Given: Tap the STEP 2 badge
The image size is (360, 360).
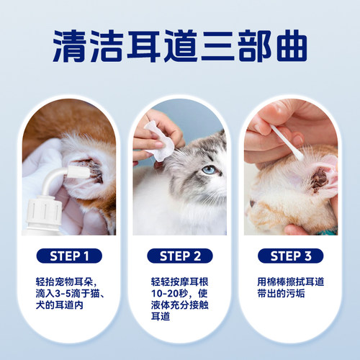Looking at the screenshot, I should tap(180, 256).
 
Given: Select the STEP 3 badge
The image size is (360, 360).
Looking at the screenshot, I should tap(290, 256).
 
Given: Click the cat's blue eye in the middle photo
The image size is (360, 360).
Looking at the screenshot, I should tap(208, 170).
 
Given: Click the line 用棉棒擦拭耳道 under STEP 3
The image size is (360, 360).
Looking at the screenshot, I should tap(290, 281).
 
